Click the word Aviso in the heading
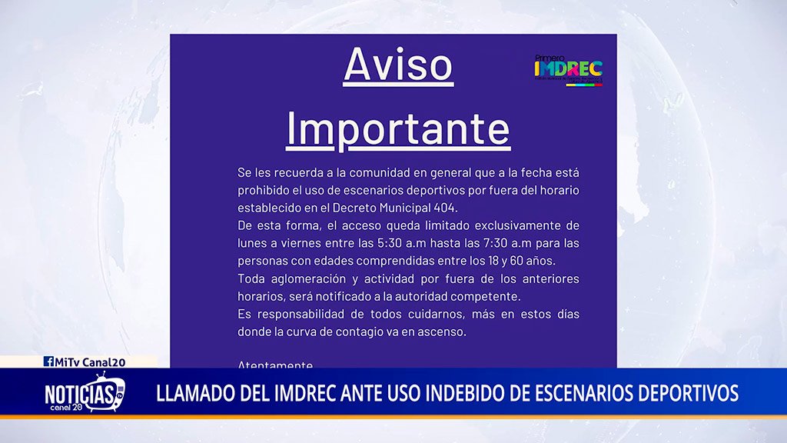[398, 65]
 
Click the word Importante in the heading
[398, 129]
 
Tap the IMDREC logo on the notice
[568, 70]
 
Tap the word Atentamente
[275, 365]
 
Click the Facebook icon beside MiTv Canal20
[48, 361]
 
